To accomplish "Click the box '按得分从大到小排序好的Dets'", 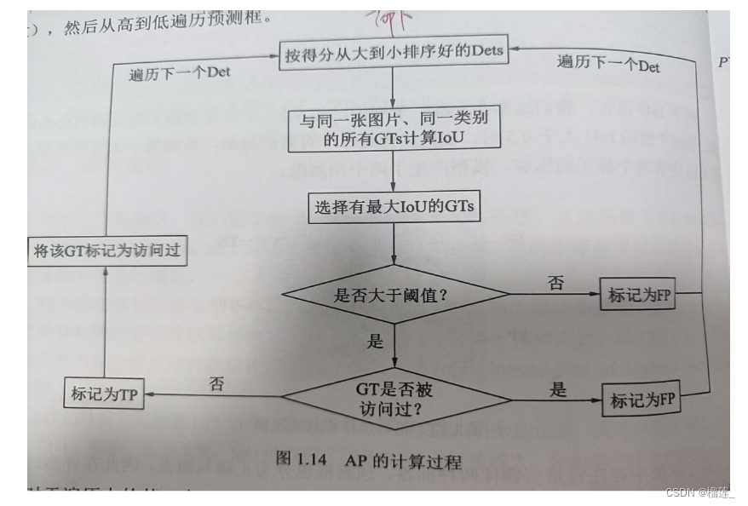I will [x=394, y=53].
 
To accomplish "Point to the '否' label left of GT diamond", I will [x=216, y=383].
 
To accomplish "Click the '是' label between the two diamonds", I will [x=375, y=342].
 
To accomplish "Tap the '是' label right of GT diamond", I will [x=558, y=389].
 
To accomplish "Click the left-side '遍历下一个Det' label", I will [x=179, y=72].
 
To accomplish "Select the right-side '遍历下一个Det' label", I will [x=608, y=63].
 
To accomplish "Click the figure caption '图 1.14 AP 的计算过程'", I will [x=369, y=460].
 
